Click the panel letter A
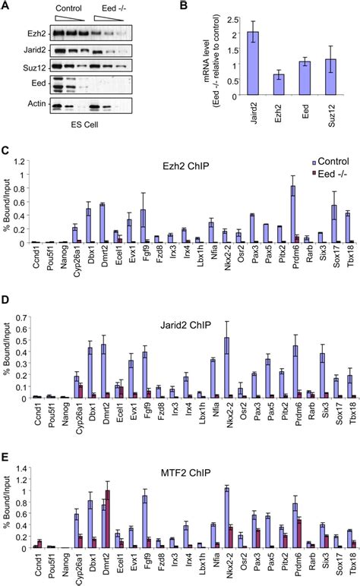[x=6, y=7]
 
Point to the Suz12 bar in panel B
[x=337, y=77]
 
